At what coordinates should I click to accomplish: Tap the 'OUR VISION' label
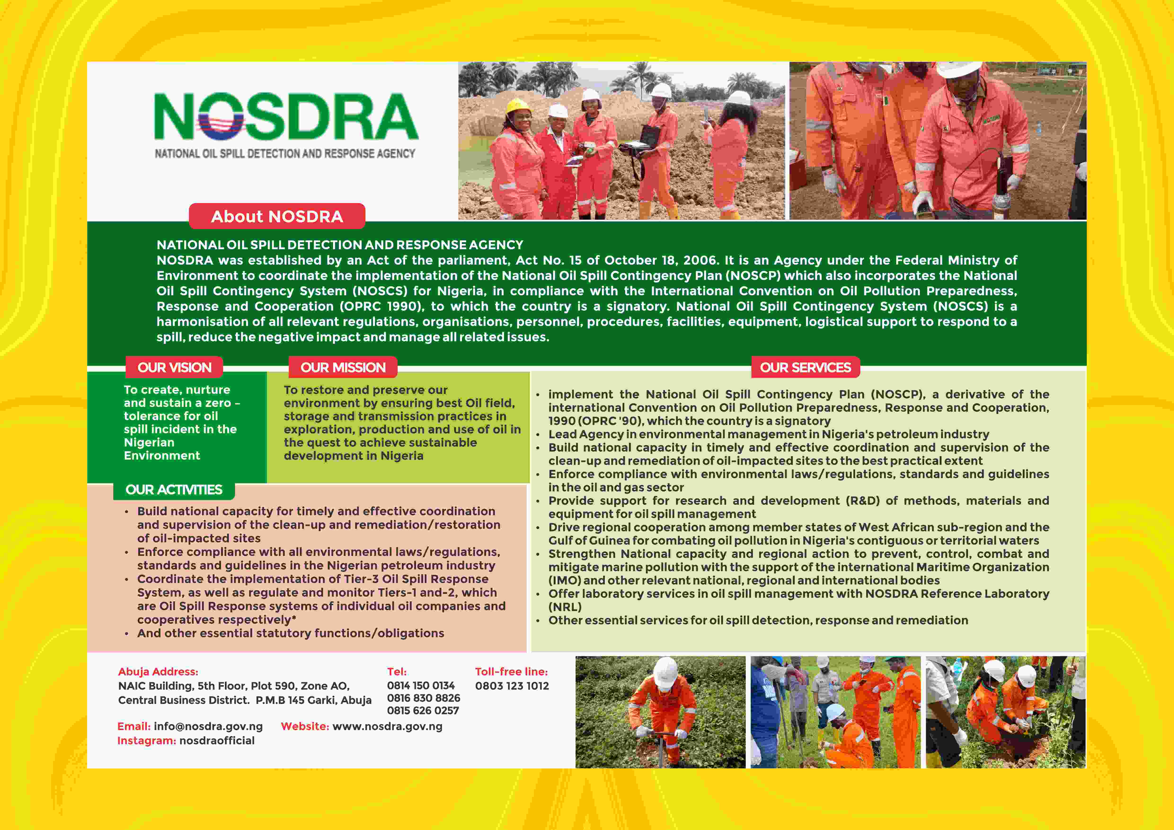[x=174, y=367]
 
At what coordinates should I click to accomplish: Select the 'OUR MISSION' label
[x=343, y=367]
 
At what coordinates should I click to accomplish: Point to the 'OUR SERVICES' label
[x=805, y=367]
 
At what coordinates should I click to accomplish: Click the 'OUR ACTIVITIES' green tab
[x=174, y=490]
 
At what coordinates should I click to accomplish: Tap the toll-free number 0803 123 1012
[x=512, y=686]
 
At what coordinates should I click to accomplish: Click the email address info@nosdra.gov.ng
[x=208, y=726]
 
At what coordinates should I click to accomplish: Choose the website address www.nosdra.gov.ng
[x=387, y=726]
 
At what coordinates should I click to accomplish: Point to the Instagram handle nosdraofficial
[x=217, y=741]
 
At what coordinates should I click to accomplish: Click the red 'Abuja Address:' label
[x=158, y=671]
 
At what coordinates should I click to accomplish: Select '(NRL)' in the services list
[x=565, y=607]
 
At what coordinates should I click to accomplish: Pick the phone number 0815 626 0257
[x=423, y=711]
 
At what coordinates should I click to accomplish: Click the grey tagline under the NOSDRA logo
[x=285, y=153]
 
